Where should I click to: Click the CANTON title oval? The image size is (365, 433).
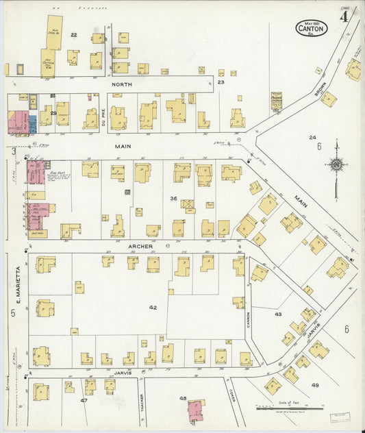[312, 28]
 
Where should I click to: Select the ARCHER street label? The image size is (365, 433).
[138, 245]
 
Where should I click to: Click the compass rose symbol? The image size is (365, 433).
[336, 164]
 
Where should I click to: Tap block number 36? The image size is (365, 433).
[174, 198]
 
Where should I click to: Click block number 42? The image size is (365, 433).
[153, 308]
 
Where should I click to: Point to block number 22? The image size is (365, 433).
[74, 34]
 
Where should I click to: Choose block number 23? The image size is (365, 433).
[221, 82]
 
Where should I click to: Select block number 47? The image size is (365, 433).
[84, 399]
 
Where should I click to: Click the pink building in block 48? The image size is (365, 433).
[196, 410]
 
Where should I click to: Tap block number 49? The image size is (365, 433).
[315, 385]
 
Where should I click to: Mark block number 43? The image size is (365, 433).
[278, 314]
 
